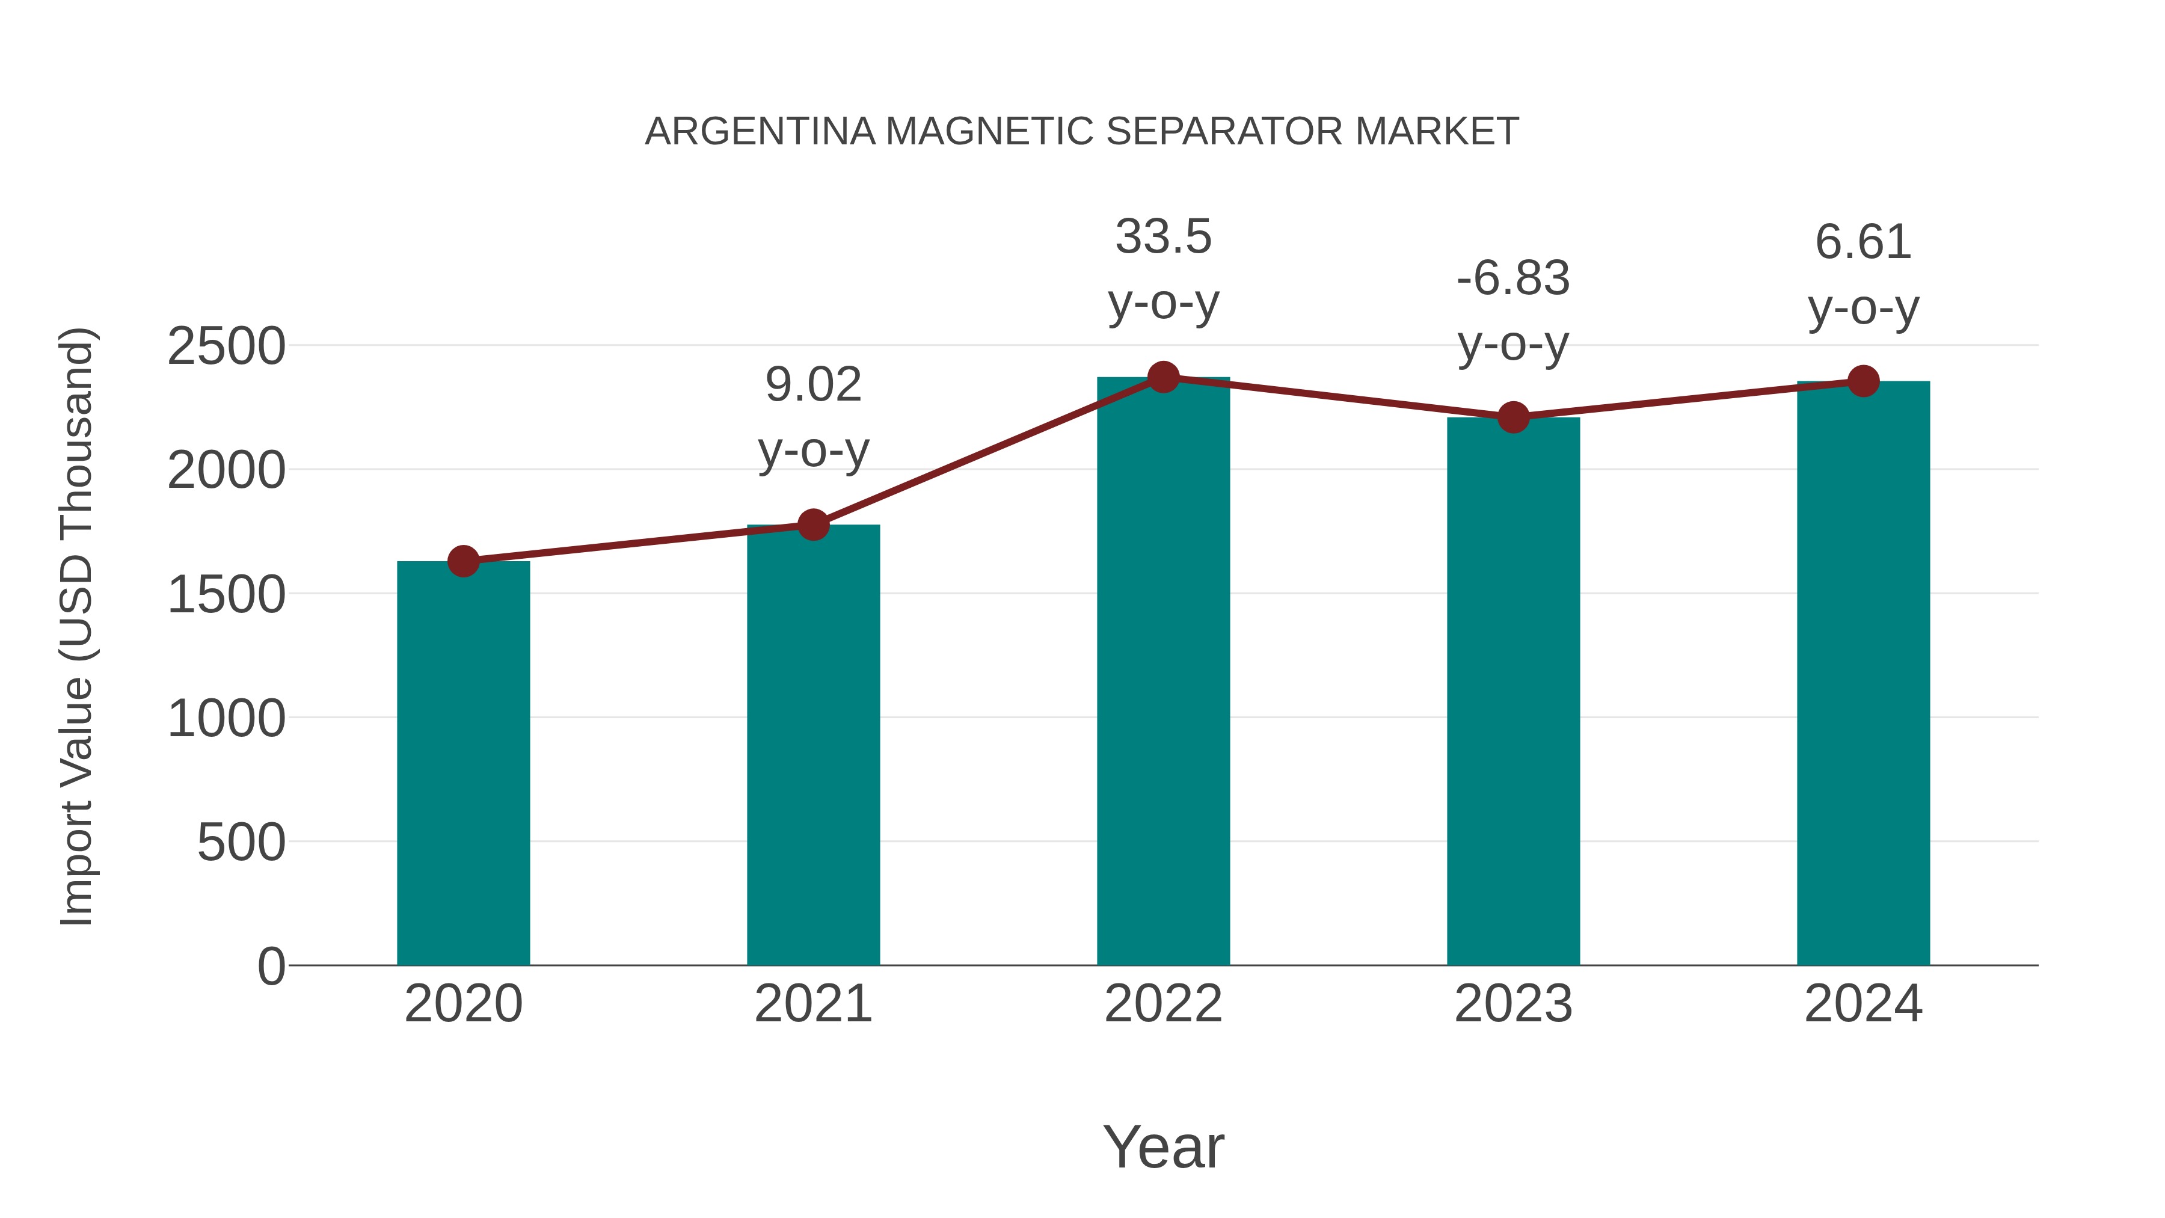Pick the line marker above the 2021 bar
pyautogui.click(x=812, y=524)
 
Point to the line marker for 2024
pyautogui.click(x=1863, y=381)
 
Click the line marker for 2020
pyautogui.click(x=463, y=561)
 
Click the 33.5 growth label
pyautogui.click(x=1163, y=236)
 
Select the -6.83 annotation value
pyautogui.click(x=1513, y=278)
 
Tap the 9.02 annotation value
pyautogui.click(x=812, y=385)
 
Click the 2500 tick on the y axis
pyautogui.click(x=226, y=346)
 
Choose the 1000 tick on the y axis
pyautogui.click(x=226, y=719)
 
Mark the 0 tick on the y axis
pyautogui.click(x=271, y=966)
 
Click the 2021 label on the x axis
pyautogui.click(x=812, y=1004)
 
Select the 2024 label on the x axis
pyautogui.click(x=1863, y=1004)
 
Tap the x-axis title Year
pyautogui.click(x=1163, y=1146)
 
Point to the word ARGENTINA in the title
pyautogui.click(x=760, y=131)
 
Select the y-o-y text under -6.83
pyautogui.click(x=1513, y=345)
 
